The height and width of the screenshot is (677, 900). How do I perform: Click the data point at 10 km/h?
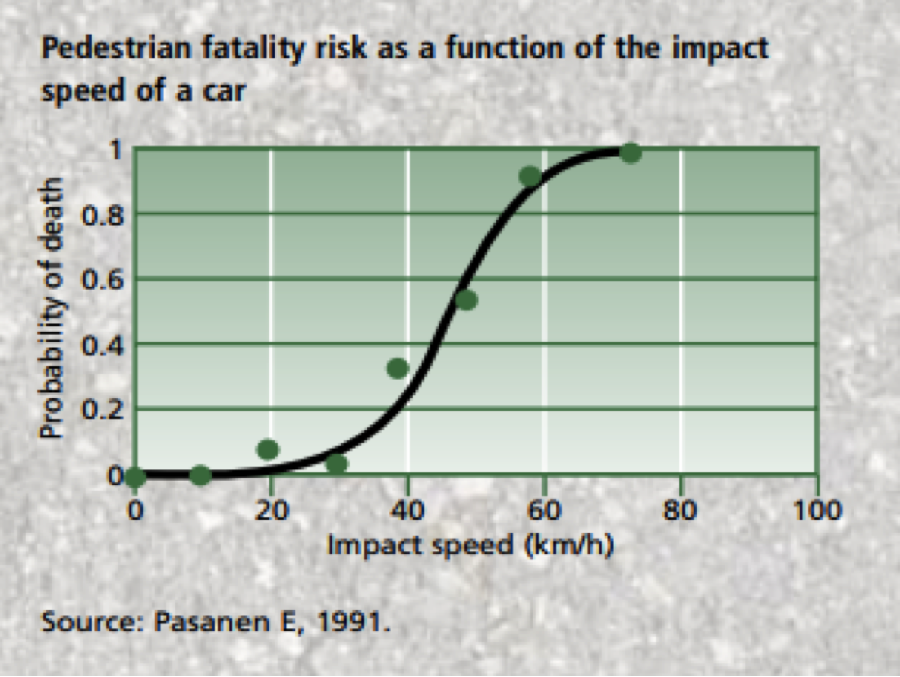(x=200, y=475)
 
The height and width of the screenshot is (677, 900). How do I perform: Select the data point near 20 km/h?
(x=268, y=449)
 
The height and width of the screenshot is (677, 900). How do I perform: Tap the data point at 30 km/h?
(x=337, y=463)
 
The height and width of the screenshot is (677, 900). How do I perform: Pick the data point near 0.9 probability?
(x=530, y=177)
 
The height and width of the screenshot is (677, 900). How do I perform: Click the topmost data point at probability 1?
(x=630, y=153)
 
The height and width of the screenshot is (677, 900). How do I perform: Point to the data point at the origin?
(x=136, y=477)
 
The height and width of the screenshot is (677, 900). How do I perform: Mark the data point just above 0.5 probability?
(x=466, y=300)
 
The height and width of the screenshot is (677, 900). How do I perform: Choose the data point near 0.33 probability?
(x=398, y=368)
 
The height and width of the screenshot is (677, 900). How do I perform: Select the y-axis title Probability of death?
(x=52, y=308)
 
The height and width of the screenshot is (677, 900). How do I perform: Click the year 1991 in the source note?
(x=349, y=622)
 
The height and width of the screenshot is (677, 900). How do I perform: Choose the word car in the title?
(x=224, y=91)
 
